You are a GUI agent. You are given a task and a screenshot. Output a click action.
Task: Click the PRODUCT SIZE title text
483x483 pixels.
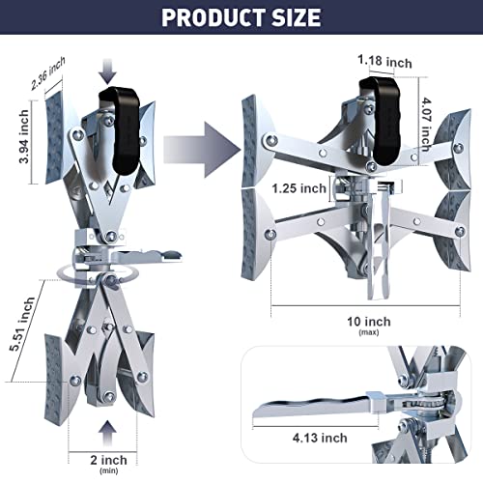(241, 16)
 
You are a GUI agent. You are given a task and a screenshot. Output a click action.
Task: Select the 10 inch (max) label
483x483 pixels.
(370, 324)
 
